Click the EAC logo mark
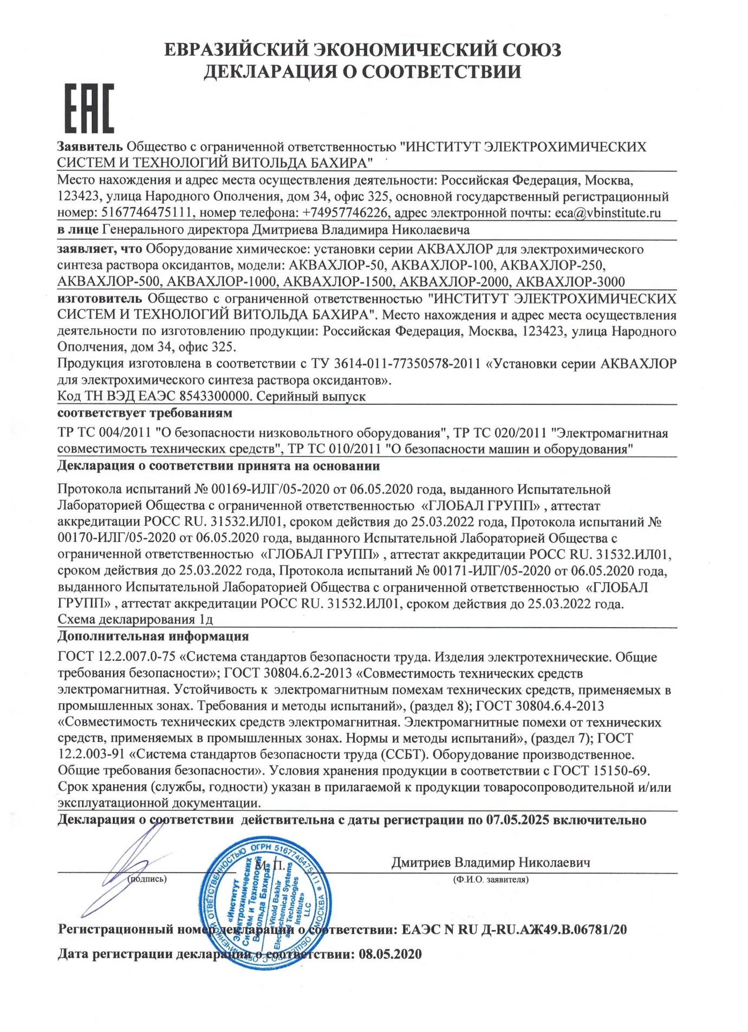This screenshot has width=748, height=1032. point(89,108)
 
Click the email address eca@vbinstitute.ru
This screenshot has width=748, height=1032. point(608,213)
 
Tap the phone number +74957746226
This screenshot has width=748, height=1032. point(344,213)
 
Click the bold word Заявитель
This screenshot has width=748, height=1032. point(90,147)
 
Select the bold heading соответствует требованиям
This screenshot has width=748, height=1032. point(145,414)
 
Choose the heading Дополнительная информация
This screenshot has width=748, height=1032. point(153,636)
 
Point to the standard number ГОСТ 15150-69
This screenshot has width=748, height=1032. point(601,770)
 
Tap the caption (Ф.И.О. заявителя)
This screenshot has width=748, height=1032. point(491,880)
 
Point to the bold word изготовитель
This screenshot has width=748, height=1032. point(100,298)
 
